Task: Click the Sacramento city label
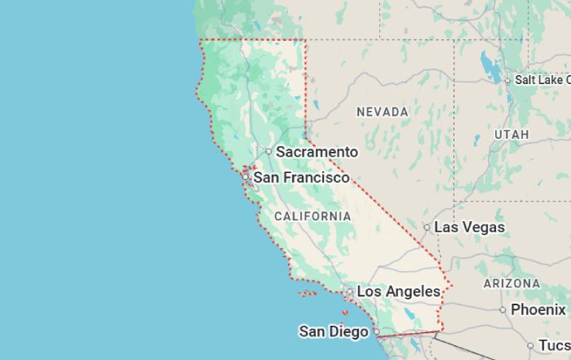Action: pos(316,152)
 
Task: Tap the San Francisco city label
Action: pos(301,177)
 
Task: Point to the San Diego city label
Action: pos(333,331)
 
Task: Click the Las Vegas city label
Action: pos(469,227)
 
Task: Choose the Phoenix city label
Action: pos(538,309)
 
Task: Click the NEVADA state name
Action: pos(383,111)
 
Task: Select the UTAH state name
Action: pos(511,134)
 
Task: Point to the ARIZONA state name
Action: pos(511,283)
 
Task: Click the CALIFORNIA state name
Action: pos(312,216)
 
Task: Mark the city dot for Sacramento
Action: pos(268,151)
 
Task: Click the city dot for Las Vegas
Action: pos(427,227)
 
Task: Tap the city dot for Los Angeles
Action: pos(350,291)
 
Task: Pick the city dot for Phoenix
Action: pos(502,309)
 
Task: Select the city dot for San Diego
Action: pos(376,331)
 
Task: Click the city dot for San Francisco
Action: pos(245,176)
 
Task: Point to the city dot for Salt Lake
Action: pos(507,80)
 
